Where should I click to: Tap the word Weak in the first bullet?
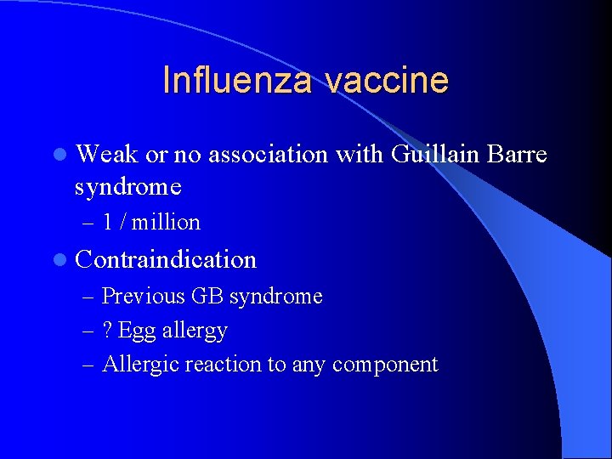tap(107, 155)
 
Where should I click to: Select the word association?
tap(268, 155)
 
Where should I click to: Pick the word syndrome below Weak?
tap(128, 185)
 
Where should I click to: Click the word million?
tap(166, 223)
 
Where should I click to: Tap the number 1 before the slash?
tap(108, 223)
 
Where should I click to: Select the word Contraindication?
tap(166, 259)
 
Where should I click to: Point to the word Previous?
tap(144, 297)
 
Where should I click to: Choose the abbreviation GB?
tap(207, 297)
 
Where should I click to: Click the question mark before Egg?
tap(107, 330)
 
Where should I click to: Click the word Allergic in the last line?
tap(139, 365)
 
